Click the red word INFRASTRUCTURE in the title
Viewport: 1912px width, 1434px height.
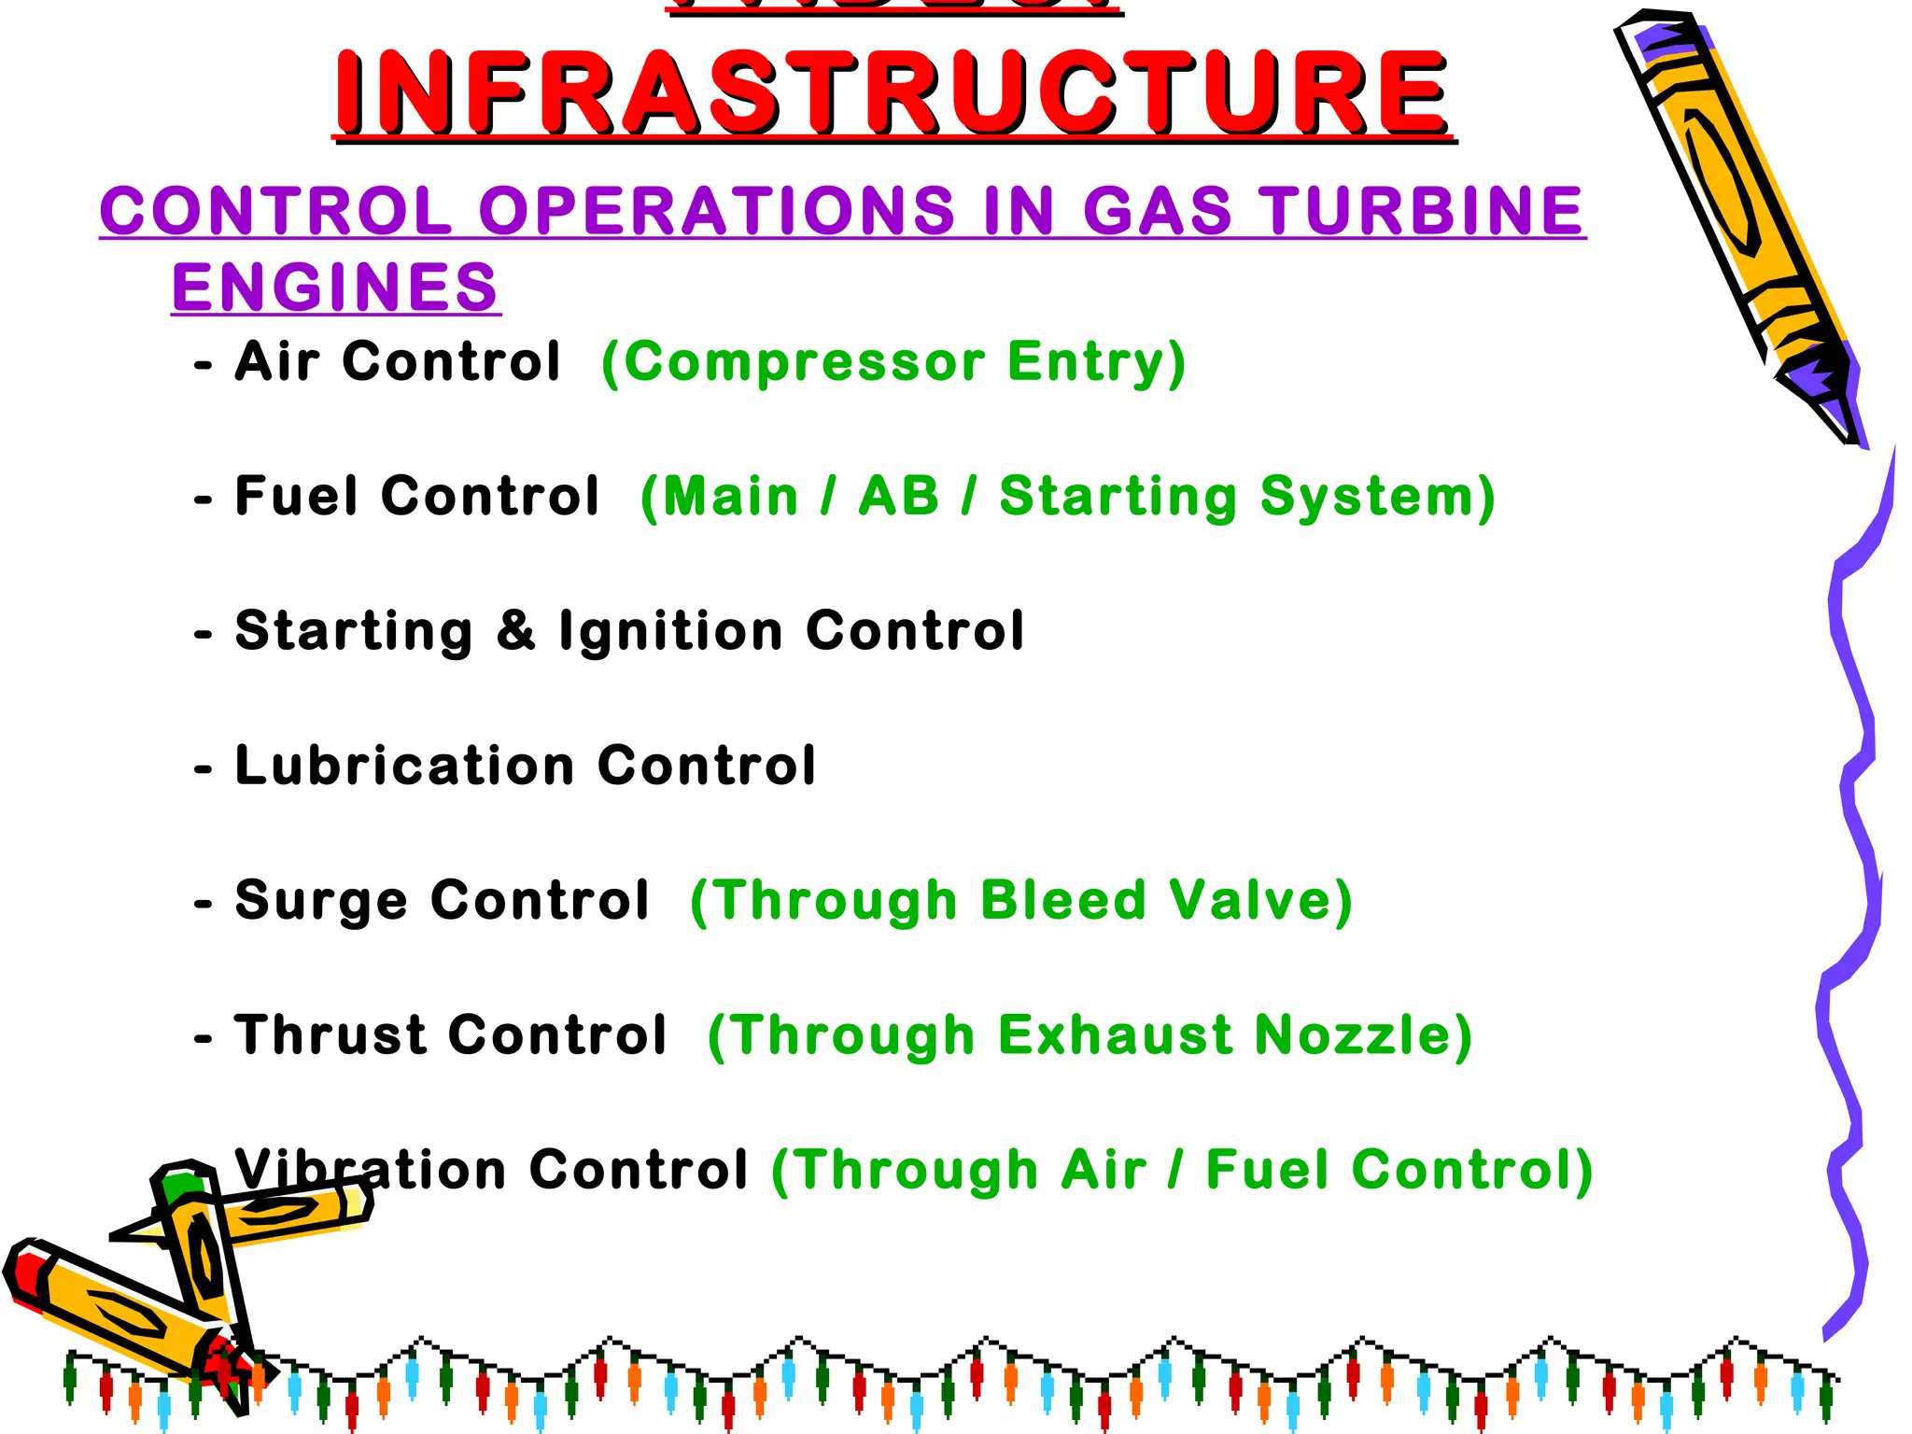click(x=893, y=92)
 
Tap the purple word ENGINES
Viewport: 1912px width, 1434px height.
click(x=335, y=287)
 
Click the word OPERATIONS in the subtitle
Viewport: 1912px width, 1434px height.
click(x=717, y=210)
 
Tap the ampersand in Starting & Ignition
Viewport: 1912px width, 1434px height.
click(x=515, y=630)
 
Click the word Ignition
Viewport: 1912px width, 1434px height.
click(x=670, y=631)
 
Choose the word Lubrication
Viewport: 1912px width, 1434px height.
click(x=403, y=766)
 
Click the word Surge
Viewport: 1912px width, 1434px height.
click(x=321, y=901)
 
